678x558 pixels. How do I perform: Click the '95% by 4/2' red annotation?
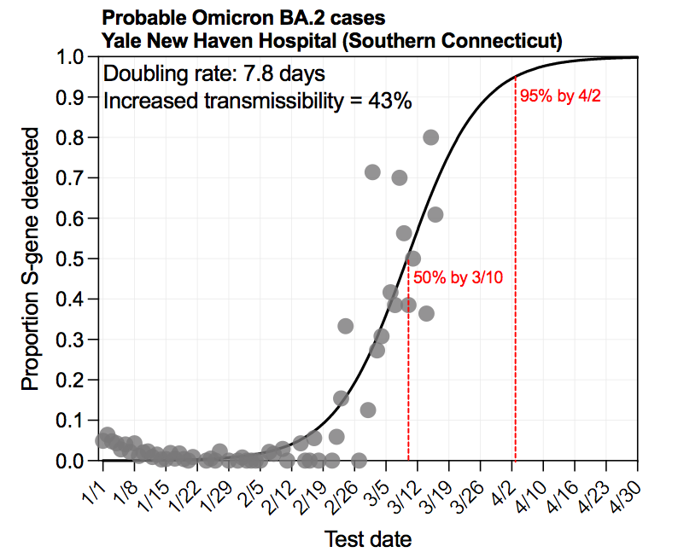point(560,96)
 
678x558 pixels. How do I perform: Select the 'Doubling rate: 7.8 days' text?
point(213,73)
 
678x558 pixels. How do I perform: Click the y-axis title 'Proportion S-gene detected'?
point(31,259)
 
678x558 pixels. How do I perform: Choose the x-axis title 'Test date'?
point(368,538)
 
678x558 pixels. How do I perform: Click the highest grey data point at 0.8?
point(430,137)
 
